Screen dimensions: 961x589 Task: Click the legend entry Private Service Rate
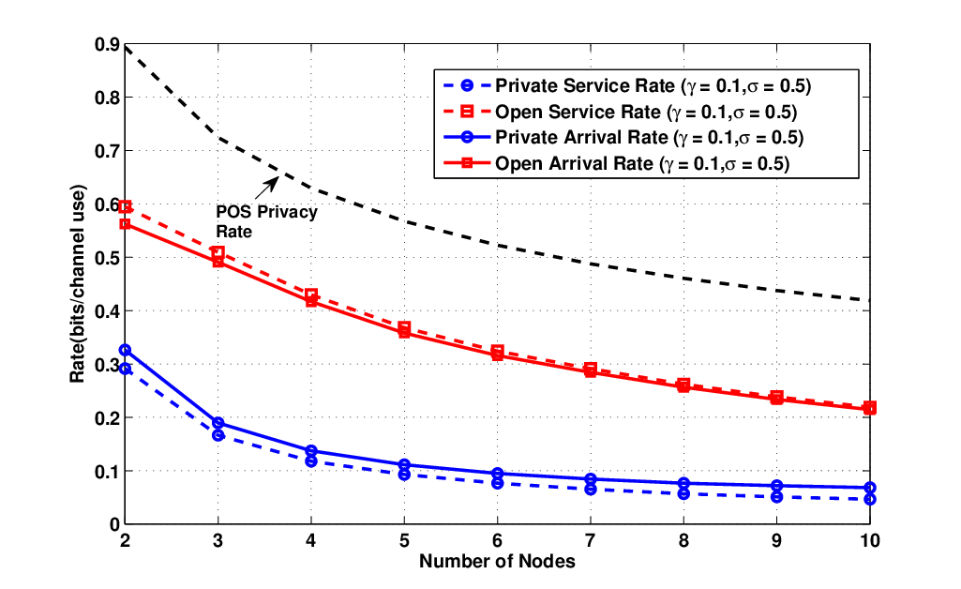tap(653, 85)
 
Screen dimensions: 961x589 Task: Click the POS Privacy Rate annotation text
tap(266, 222)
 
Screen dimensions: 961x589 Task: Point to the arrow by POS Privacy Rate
tap(266, 189)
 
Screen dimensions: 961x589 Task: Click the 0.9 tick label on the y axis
tap(107, 45)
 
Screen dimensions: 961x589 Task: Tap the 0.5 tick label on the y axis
tap(107, 257)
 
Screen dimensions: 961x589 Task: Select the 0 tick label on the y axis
tap(114, 524)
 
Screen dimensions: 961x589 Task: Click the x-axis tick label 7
tap(591, 541)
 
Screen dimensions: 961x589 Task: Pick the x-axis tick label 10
tap(870, 541)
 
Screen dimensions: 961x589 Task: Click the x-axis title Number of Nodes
tap(497, 562)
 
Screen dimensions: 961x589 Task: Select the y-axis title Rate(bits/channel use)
tap(77, 284)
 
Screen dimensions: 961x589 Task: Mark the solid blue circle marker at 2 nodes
tap(125, 350)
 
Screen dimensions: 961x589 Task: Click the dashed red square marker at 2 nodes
tap(125, 206)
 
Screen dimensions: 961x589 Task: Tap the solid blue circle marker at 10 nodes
tap(870, 488)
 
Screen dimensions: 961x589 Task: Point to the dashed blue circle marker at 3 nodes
tap(218, 435)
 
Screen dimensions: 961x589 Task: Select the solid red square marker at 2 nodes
tap(125, 224)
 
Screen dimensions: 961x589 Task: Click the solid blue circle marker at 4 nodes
tap(310, 451)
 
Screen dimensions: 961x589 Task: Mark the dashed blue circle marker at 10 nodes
tap(870, 500)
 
